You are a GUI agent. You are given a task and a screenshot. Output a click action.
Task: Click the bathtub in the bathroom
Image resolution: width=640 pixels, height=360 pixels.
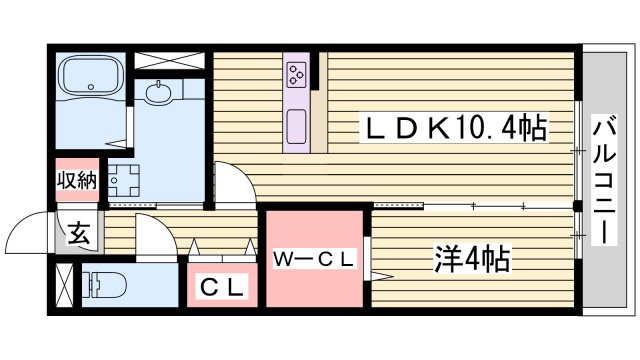[91, 76]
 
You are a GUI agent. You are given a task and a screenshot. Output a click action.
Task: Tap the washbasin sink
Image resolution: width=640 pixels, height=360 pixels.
[159, 92]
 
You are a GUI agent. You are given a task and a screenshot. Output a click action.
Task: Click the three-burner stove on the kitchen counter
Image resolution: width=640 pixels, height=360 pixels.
[297, 74]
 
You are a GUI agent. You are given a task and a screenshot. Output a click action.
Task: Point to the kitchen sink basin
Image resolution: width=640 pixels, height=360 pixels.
[296, 127]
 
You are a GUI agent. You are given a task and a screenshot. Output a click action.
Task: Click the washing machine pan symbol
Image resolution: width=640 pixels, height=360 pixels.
[123, 180]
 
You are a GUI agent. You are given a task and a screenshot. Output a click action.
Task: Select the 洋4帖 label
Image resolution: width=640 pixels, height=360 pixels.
[472, 259]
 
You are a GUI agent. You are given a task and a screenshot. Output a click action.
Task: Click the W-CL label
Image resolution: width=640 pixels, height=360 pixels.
[313, 260]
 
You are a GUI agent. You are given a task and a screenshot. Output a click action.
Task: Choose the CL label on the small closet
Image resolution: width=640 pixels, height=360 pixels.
[222, 288]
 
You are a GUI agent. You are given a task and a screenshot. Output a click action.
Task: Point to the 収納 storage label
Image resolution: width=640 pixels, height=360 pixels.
[77, 180]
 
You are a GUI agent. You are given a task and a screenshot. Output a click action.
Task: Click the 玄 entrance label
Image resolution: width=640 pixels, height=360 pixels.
[78, 233]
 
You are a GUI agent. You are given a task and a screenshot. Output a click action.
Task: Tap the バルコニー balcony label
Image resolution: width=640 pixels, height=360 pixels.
[604, 179]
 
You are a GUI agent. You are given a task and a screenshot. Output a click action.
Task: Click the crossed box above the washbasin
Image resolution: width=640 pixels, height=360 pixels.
[169, 60]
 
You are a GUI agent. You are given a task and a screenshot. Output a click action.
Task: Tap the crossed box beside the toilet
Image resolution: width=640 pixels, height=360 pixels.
[64, 285]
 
